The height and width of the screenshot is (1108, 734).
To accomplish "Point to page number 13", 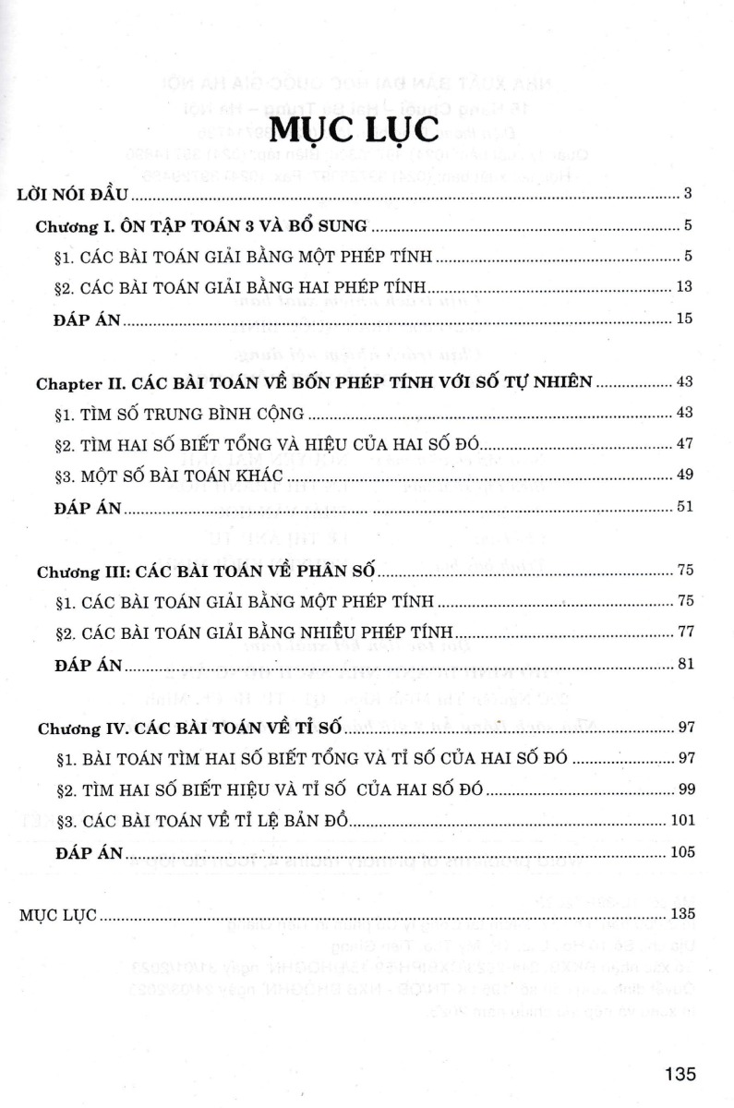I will [x=684, y=287].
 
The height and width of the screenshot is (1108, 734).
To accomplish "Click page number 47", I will [x=684, y=444].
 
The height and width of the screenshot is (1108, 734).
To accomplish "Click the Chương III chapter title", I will [x=206, y=571].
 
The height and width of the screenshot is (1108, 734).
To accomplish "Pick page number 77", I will [x=684, y=632].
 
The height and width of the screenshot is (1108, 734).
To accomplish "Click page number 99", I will [x=684, y=789].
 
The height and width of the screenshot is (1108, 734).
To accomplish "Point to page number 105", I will [x=680, y=852].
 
